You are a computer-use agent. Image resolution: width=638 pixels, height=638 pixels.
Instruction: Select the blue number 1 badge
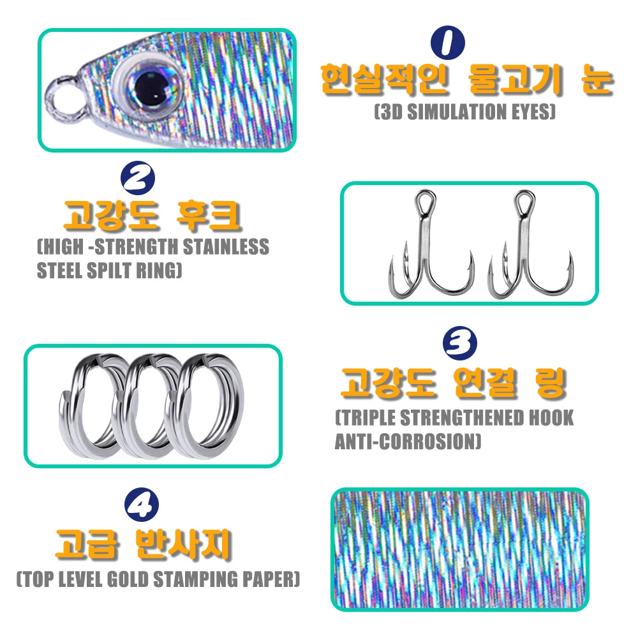[x=448, y=42]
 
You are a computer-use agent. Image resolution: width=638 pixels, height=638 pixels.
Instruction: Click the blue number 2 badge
[x=138, y=178]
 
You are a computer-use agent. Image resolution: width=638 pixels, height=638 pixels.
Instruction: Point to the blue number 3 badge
[x=460, y=343]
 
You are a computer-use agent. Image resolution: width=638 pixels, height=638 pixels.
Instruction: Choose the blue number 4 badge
[x=142, y=505]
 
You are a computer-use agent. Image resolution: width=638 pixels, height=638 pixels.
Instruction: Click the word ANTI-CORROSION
[x=408, y=441]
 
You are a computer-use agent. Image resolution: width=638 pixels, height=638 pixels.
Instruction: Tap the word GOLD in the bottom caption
[x=128, y=579]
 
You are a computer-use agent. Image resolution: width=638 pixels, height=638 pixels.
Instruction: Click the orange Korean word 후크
[x=208, y=215]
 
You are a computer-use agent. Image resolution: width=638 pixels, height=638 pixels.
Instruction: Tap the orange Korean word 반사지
[x=183, y=544]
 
